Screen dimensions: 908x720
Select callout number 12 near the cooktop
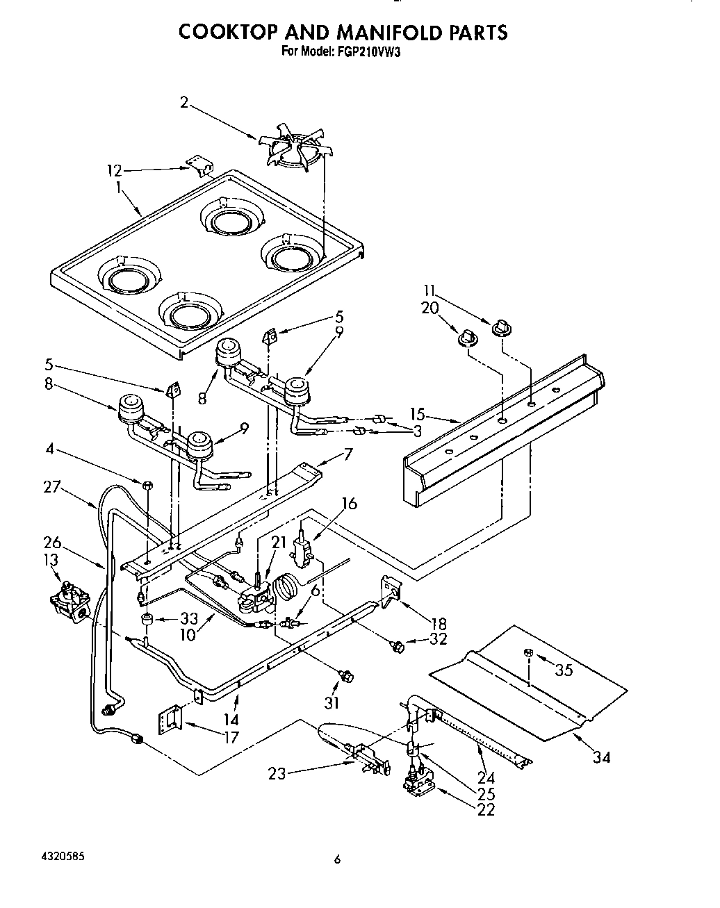(115, 170)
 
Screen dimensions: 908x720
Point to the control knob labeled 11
(501, 327)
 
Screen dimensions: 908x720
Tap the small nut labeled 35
(529, 653)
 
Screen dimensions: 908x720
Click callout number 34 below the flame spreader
(602, 757)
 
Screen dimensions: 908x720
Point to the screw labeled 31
(345, 675)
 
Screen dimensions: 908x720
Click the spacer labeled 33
(147, 619)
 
